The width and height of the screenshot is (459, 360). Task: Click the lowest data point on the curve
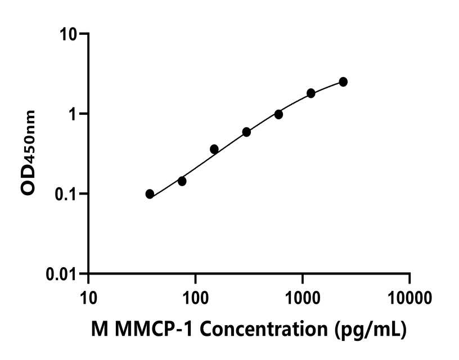click(x=150, y=194)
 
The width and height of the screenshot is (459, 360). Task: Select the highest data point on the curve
click(x=343, y=82)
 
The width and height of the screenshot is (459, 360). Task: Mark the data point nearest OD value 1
click(x=278, y=114)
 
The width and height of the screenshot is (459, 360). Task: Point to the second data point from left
click(x=182, y=181)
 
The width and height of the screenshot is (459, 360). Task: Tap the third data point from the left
click(x=214, y=149)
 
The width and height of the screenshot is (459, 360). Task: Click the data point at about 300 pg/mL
click(x=246, y=132)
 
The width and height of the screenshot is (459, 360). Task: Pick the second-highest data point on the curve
click(x=311, y=93)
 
